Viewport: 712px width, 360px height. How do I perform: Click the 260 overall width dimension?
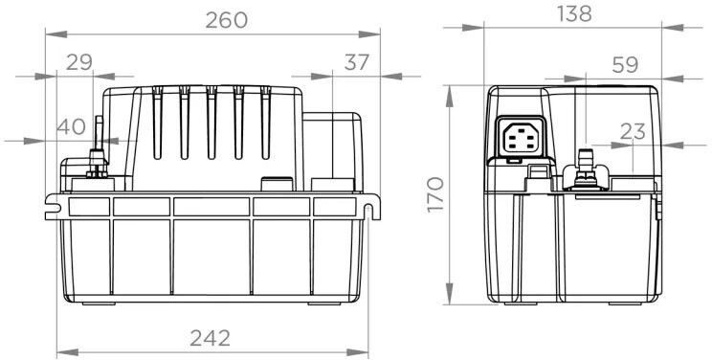point(227,20)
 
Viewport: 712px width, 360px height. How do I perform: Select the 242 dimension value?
point(211,338)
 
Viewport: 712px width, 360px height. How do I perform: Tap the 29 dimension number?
point(79,62)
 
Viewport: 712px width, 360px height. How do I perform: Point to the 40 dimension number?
point(71,126)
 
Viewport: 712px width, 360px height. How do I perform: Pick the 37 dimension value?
point(357,62)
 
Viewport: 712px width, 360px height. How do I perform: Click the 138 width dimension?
point(574,14)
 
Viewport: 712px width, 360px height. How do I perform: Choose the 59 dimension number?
point(625,65)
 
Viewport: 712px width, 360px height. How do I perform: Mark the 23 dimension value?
point(633,132)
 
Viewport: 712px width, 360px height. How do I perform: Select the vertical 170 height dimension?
point(436,194)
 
